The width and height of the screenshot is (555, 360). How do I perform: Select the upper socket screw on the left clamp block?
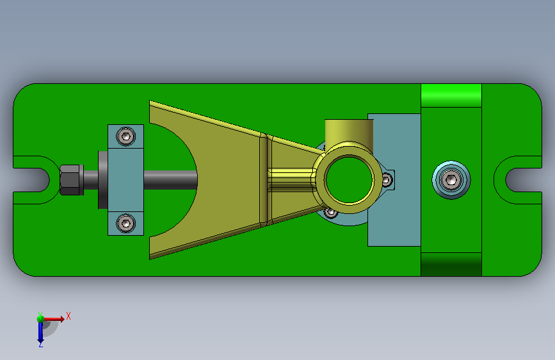(125, 136)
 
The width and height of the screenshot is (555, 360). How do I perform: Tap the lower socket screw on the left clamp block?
(125, 223)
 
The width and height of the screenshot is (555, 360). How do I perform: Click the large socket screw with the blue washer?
(451, 180)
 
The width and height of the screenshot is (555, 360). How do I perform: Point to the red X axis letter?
(68, 316)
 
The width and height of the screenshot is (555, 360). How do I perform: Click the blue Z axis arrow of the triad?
(40, 332)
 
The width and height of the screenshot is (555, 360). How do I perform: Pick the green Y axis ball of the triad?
(41, 319)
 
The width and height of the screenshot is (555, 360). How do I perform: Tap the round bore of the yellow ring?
(349, 179)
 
